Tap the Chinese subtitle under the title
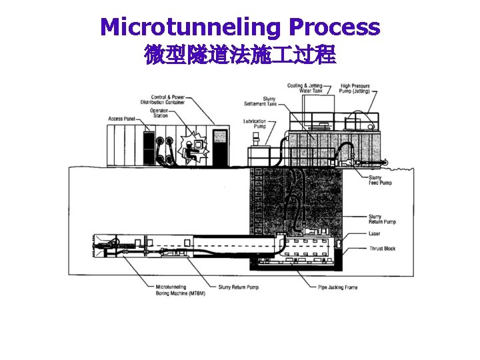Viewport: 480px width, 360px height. coord(240,55)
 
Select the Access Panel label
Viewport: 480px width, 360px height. coord(121,119)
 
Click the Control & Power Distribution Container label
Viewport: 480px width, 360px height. coord(163,99)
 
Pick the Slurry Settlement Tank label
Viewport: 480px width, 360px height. coord(255,101)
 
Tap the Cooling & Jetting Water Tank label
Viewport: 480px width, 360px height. coord(305,88)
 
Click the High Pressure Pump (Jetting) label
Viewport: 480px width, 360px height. coord(355,88)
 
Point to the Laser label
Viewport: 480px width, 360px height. coord(374,233)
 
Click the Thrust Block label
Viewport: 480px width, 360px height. coord(382,249)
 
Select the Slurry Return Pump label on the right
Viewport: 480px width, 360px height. coord(382,219)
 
